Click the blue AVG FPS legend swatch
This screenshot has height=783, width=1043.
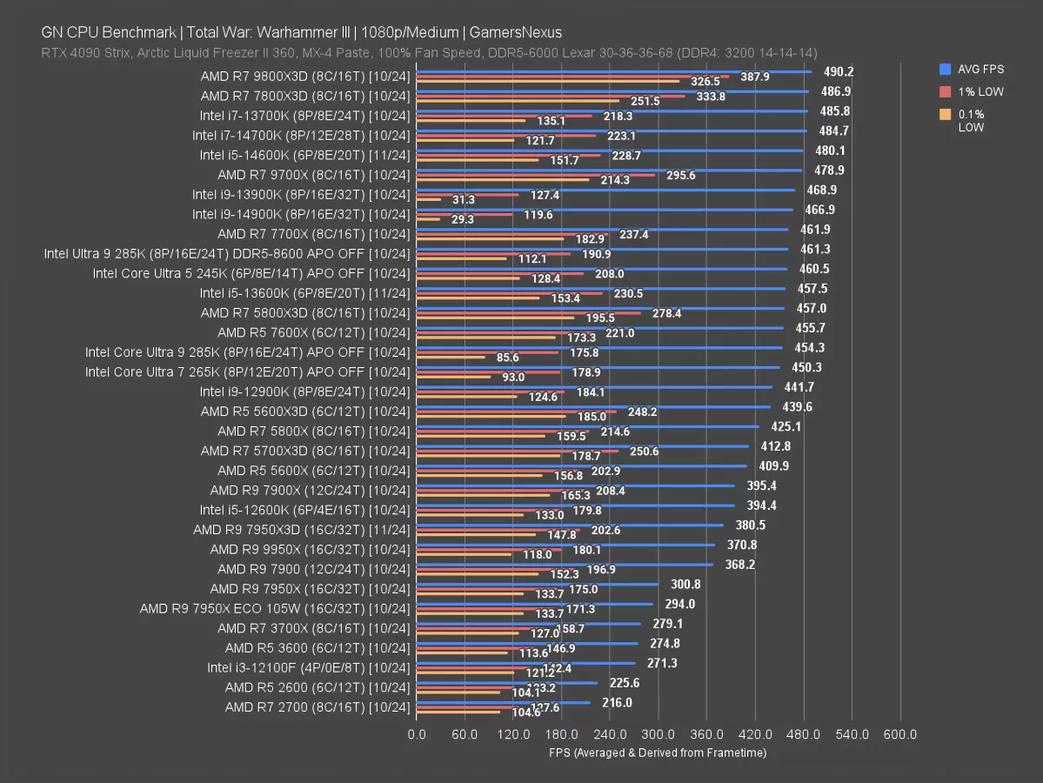[x=944, y=69]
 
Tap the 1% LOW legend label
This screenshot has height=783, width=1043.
[x=980, y=91]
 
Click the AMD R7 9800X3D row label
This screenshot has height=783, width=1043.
[x=304, y=76]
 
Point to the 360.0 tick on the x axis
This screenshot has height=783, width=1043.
[x=706, y=735]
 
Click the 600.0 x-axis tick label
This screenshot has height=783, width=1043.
[x=900, y=735]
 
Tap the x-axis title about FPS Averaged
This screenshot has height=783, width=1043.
[x=658, y=753]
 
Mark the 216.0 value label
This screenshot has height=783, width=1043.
[x=616, y=703]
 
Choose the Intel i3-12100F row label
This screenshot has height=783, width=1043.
[x=308, y=668]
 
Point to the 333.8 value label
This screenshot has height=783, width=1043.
[x=711, y=97]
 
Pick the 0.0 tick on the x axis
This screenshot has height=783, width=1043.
[x=417, y=735]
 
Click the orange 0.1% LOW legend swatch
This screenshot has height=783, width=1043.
[x=944, y=114]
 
